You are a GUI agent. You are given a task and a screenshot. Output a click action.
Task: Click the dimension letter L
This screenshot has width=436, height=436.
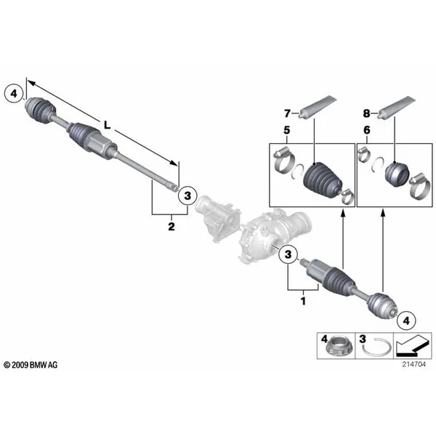[107, 126]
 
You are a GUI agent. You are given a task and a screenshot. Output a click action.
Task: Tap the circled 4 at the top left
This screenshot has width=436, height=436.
[14, 94]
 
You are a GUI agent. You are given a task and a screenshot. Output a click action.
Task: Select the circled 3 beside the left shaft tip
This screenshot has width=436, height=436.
[187, 195]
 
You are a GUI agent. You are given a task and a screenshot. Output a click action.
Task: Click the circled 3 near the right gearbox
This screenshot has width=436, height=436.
[288, 254]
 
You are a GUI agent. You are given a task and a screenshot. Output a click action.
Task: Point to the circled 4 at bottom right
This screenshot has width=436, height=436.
[406, 320]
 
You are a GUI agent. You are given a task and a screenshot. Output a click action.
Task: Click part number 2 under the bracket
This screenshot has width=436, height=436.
[171, 227]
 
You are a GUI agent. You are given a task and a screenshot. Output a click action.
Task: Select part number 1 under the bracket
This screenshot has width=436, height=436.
[303, 301]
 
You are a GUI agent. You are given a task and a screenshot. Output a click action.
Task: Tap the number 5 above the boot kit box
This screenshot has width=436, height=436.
[287, 130]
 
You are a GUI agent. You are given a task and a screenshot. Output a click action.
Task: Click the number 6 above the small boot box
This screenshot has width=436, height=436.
[367, 130]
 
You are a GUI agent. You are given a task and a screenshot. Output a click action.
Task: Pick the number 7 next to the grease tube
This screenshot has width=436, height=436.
[287, 113]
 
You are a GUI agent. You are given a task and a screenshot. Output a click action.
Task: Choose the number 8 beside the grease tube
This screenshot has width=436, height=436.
[366, 113]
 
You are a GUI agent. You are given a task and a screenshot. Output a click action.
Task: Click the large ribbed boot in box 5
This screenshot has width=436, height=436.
[322, 180]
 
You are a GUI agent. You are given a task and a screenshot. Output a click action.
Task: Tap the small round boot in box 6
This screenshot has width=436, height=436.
[397, 174]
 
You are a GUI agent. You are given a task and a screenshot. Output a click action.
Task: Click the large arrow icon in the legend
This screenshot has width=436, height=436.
[412, 345]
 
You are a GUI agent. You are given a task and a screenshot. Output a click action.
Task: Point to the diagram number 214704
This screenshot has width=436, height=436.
[413, 364]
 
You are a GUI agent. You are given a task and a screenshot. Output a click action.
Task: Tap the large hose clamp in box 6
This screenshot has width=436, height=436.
[419, 186]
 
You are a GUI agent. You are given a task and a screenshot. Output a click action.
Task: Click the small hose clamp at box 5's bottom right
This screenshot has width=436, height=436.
[347, 196]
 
